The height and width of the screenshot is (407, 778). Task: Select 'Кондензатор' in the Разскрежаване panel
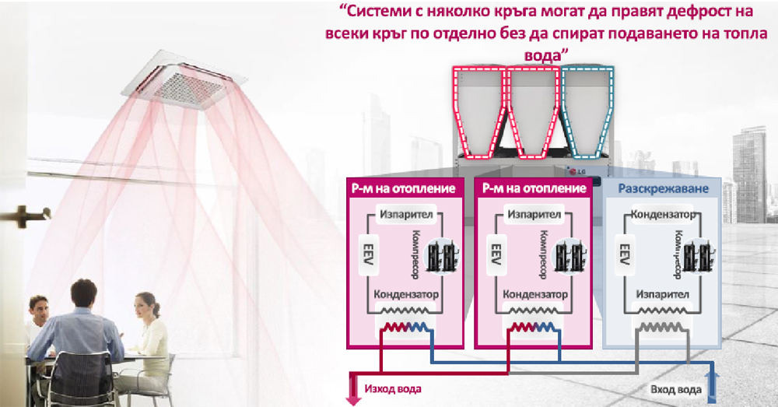point(661,214)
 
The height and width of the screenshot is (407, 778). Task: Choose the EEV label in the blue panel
point(624,254)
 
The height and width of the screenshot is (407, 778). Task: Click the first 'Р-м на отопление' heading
point(404,189)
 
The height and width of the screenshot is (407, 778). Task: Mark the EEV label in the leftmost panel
point(363,254)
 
